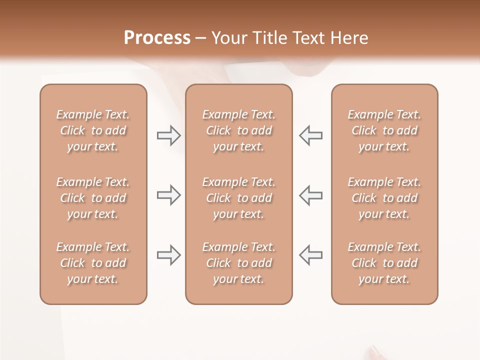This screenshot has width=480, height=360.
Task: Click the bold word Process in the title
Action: [x=157, y=38]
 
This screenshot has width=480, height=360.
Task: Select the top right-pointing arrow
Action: [x=168, y=135]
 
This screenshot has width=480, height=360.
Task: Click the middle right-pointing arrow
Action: [x=168, y=195]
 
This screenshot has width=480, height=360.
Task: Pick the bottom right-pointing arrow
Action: [x=168, y=255]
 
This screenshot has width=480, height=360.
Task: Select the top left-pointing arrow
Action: [x=311, y=135]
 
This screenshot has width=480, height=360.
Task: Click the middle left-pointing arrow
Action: [x=311, y=195]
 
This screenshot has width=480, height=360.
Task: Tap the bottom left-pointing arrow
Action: [x=311, y=255]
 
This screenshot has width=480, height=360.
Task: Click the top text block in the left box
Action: [x=93, y=130]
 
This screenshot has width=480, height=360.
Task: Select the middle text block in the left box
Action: [x=93, y=198]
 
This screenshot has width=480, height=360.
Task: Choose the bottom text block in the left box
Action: [x=93, y=263]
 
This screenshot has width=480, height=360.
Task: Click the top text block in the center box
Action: [x=239, y=130]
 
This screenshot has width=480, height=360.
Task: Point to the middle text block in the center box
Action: [x=239, y=198]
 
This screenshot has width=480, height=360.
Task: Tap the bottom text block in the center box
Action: [x=239, y=263]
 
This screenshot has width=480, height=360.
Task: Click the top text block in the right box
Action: [x=384, y=130]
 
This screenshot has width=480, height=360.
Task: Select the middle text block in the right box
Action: [x=384, y=198]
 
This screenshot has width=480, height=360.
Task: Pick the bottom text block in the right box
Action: [x=384, y=263]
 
